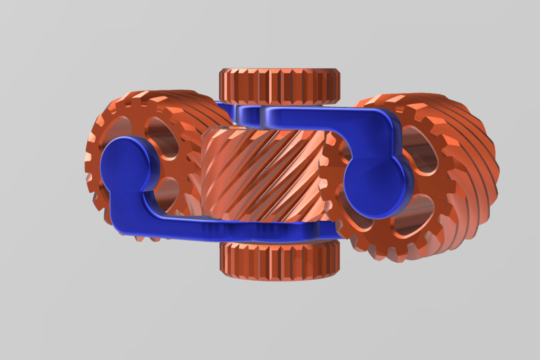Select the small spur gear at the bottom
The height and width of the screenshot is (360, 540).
click(x=279, y=260)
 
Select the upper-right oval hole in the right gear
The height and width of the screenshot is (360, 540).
click(x=423, y=148)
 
